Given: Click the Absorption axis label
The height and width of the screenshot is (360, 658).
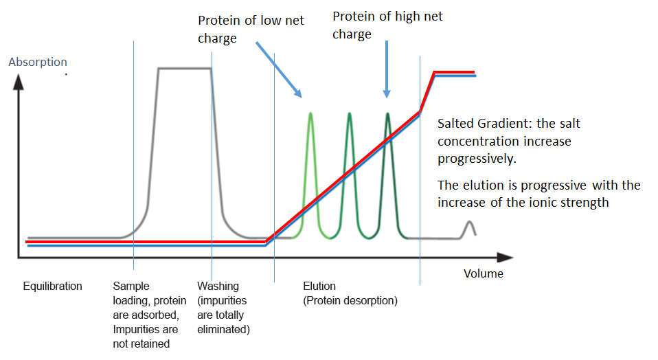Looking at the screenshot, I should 38,63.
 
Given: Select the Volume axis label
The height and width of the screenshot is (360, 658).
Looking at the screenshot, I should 483,273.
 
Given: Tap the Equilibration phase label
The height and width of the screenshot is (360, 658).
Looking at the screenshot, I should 52,286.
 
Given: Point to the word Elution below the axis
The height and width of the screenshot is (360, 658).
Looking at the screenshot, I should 319,286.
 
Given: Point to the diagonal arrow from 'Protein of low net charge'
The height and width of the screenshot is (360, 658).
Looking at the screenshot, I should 278,69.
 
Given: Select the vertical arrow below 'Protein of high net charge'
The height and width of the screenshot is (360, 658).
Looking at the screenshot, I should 387,69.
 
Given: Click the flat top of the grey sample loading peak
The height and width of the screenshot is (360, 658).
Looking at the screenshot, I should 184,68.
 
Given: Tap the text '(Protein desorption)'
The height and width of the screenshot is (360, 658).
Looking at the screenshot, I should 350,301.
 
